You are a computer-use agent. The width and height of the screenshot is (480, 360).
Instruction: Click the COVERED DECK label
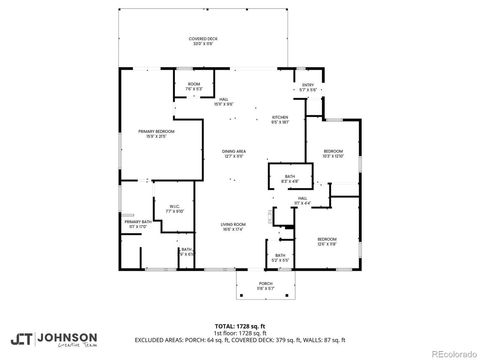pyautogui.click(x=203, y=39)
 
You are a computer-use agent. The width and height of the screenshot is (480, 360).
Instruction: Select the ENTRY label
pyautogui.click(x=308, y=85)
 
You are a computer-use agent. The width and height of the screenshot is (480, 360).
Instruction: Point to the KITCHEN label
pyautogui.click(x=280, y=117)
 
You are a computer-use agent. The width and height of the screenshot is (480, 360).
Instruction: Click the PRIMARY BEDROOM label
pyautogui.click(x=152, y=132)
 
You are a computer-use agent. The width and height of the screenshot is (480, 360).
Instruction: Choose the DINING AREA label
pyautogui.click(x=234, y=151)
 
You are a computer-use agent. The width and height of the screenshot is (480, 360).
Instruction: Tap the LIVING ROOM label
pyautogui.click(x=234, y=226)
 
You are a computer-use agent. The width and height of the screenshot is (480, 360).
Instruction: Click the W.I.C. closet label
pyautogui.click(x=174, y=207)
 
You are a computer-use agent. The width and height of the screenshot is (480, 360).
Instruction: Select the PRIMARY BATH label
pyautogui.click(x=138, y=222)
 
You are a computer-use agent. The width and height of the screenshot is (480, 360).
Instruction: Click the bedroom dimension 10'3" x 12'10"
pyautogui.click(x=333, y=156)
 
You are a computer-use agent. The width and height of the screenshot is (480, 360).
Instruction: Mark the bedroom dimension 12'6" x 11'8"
pyautogui.click(x=328, y=243)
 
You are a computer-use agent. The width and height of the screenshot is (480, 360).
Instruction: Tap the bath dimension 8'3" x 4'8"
pyautogui.click(x=289, y=182)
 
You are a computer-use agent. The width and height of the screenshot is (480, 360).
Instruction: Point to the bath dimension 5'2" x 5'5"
pyautogui.click(x=281, y=259)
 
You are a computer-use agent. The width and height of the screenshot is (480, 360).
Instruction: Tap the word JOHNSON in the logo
pyautogui.click(x=69, y=336)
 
